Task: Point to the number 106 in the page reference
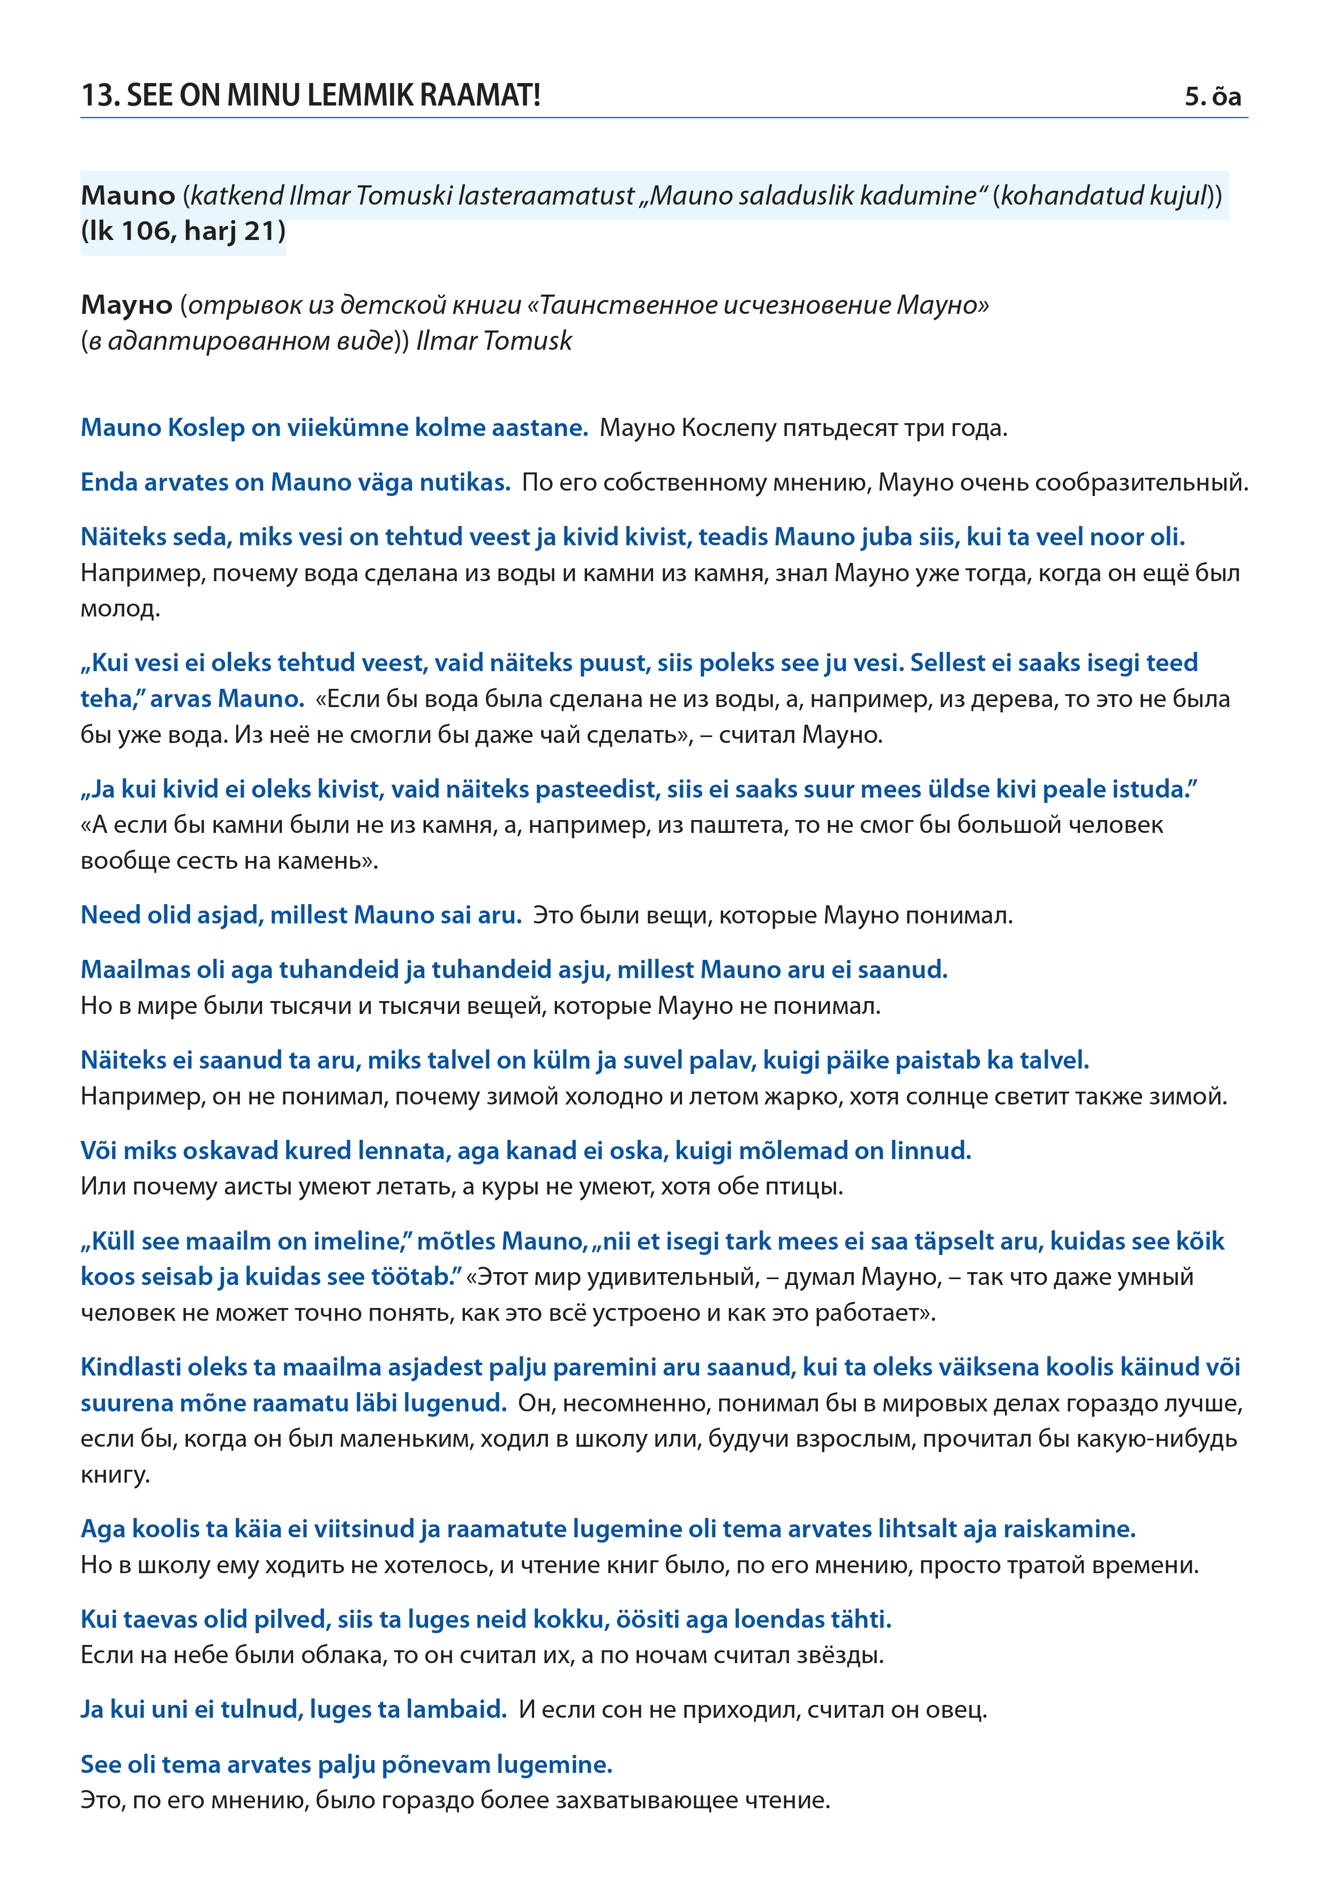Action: coord(148,231)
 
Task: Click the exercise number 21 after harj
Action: coord(264,231)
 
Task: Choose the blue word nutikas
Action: coord(465,483)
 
